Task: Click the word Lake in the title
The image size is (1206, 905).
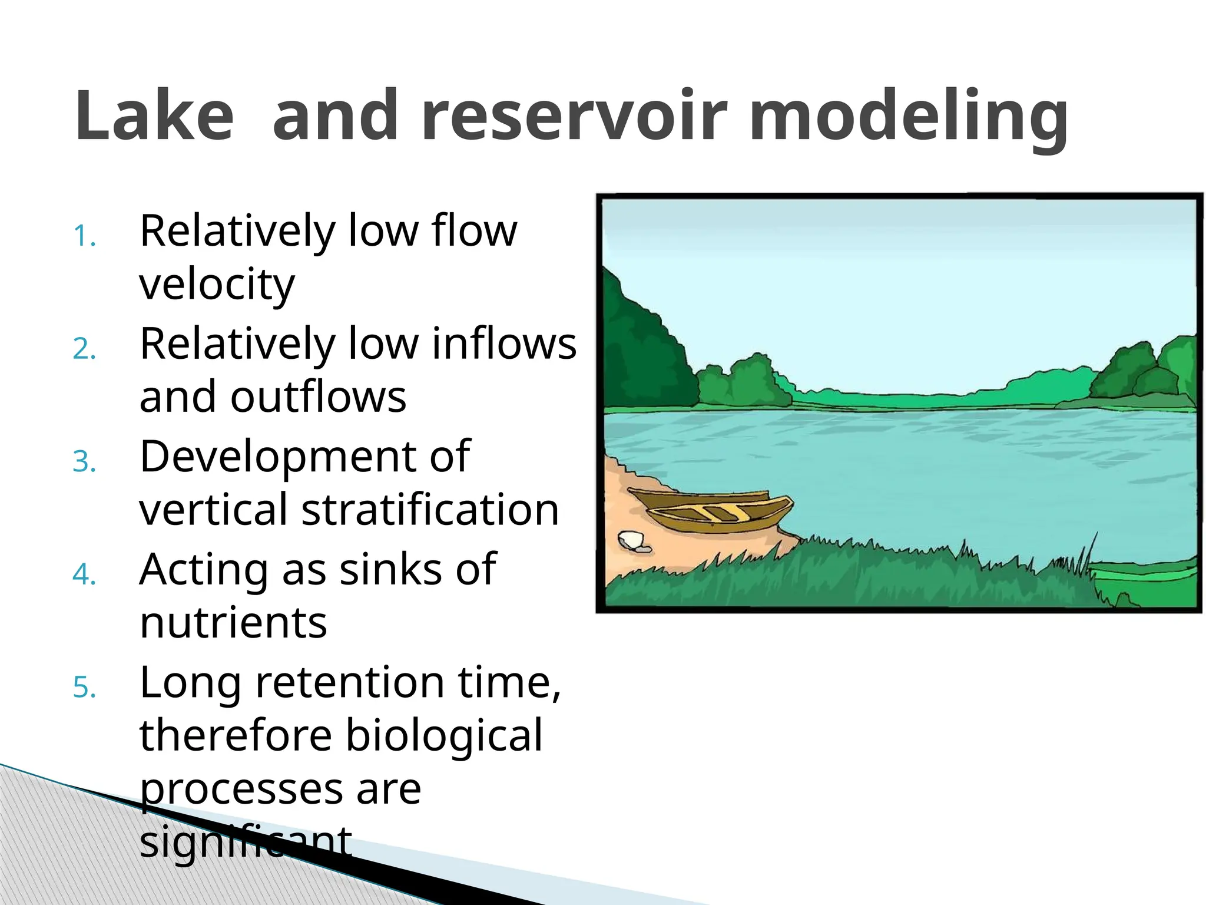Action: [154, 115]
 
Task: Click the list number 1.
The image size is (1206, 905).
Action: [84, 236]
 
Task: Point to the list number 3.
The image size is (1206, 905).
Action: [84, 462]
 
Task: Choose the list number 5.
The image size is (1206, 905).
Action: [84, 688]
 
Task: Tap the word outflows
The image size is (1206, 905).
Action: [318, 397]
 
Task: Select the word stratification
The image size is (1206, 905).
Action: [430, 510]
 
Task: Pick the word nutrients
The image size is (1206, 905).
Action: [233, 623]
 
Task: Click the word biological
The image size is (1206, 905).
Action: [443, 736]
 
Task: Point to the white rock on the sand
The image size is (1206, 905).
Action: [631, 539]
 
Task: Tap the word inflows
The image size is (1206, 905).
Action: [504, 343]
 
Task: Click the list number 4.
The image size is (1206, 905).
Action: [84, 574]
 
